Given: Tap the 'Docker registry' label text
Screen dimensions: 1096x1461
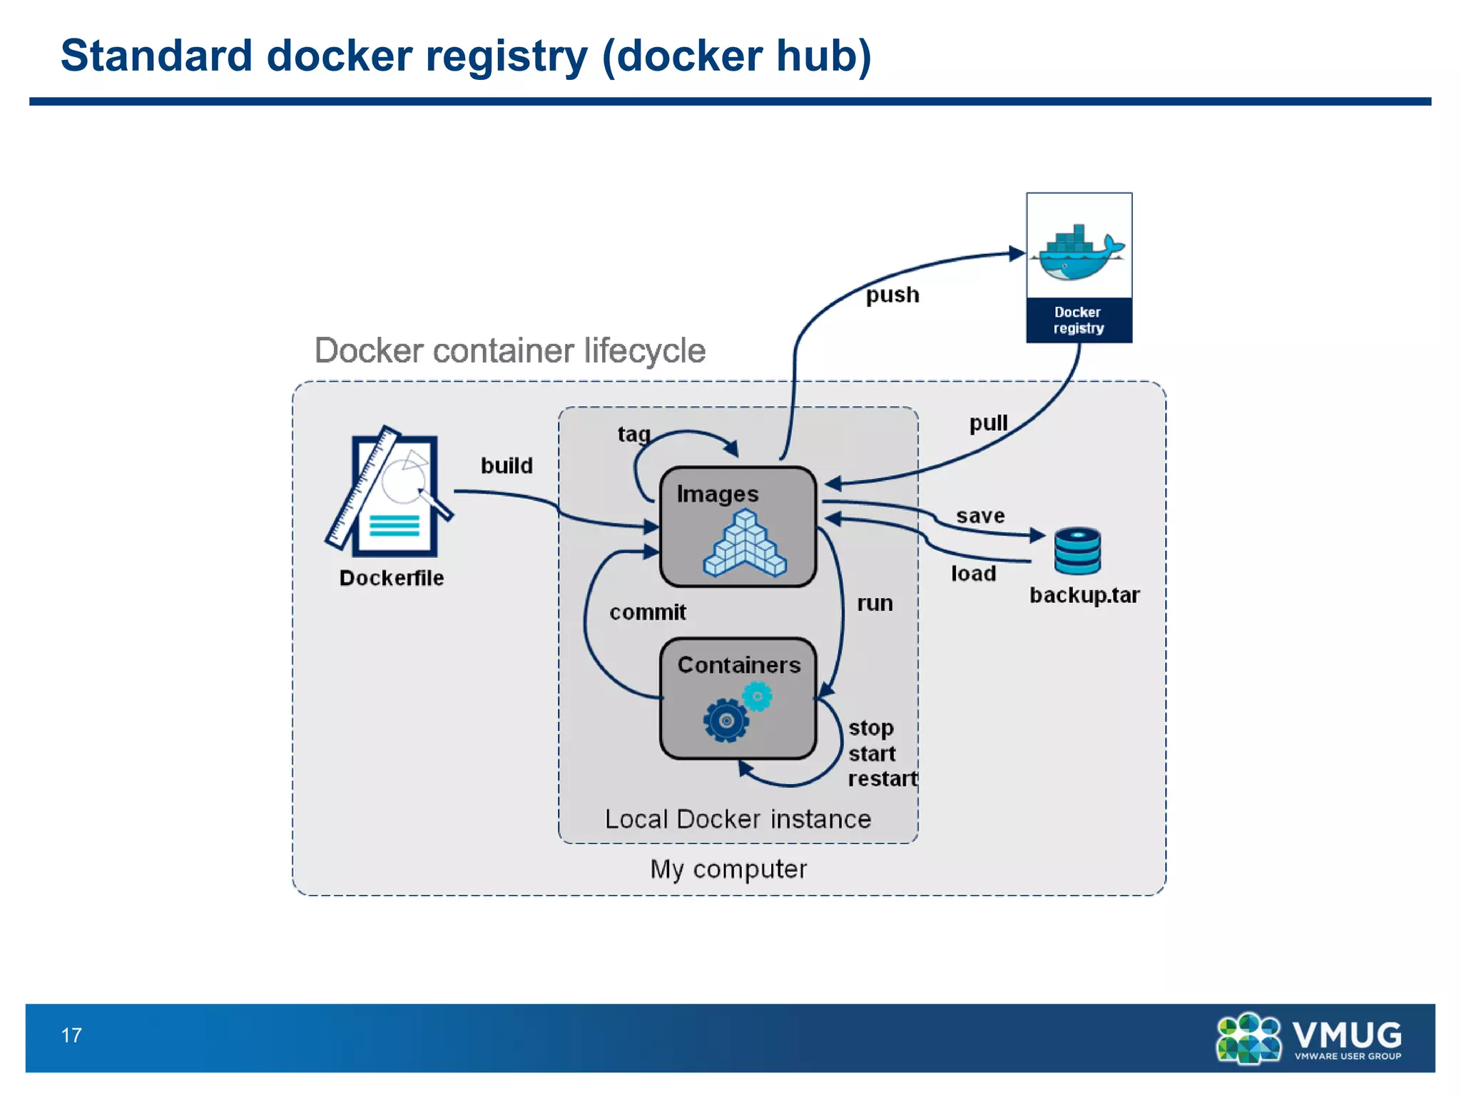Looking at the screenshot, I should coord(1078,320).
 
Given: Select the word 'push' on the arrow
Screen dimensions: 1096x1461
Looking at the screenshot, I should coord(892,295).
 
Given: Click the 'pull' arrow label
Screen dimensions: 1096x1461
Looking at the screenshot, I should coord(988,423).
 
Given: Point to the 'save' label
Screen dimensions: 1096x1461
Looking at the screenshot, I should coord(980,516).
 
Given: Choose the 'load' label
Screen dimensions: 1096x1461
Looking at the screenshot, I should coord(973,574).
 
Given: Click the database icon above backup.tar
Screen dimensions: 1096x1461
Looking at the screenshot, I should coord(1077,551).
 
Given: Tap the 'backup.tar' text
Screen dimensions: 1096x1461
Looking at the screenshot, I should coord(1084,595).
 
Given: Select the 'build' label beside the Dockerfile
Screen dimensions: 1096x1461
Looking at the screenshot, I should coord(506,466).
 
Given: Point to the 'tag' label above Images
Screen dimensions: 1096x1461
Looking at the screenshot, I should coord(633,434).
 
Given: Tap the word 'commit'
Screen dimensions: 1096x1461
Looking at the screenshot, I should coord(647,612).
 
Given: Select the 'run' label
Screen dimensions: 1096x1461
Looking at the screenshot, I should coord(875,604).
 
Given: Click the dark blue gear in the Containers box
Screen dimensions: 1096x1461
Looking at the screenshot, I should coord(726,721).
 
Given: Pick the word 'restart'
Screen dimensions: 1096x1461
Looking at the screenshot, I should coord(882,778).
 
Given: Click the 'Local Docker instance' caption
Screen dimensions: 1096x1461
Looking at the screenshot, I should coord(738,819).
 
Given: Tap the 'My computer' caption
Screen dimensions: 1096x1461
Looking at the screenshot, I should coord(728,869).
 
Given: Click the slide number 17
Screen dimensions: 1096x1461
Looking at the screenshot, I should coord(71,1035).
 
